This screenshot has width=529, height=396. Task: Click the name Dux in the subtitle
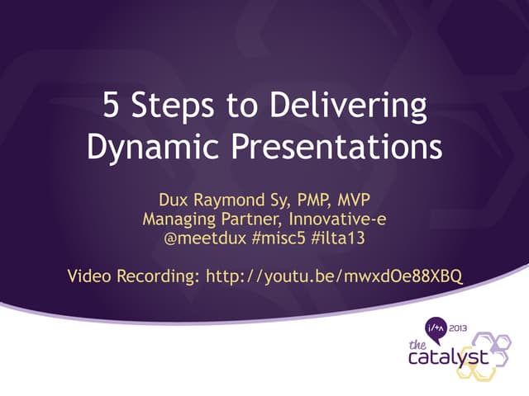click(174, 200)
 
